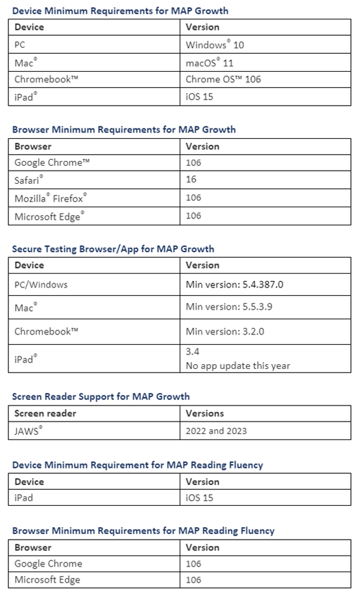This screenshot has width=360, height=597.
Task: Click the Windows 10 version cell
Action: [x=215, y=45]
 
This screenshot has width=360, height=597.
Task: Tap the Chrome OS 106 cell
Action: [x=223, y=79]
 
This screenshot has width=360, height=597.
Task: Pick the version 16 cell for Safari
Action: [x=191, y=180]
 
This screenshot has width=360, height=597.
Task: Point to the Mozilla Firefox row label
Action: [x=50, y=198]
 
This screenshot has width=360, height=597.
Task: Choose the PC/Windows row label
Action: [x=41, y=284]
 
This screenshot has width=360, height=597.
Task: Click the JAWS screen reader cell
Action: [x=30, y=432]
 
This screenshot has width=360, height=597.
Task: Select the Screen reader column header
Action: [x=46, y=413]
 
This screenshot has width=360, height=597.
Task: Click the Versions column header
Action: [x=205, y=413]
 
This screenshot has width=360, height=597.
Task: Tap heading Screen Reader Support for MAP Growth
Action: [x=101, y=397]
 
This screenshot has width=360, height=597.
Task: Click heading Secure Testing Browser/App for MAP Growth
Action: [x=113, y=249]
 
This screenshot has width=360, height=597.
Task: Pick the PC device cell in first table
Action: [x=21, y=45]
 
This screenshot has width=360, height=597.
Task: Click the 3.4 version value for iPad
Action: [x=193, y=352]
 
